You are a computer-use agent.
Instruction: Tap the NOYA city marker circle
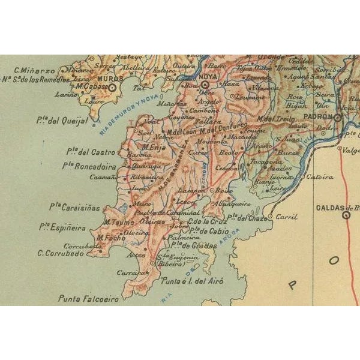pyautogui.click(x=205, y=85)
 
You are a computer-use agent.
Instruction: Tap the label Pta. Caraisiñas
pyautogui.click(x=71, y=206)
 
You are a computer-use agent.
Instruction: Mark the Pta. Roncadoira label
pyautogui.click(x=86, y=166)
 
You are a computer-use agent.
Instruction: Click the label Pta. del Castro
pyautogui.click(x=88, y=152)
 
